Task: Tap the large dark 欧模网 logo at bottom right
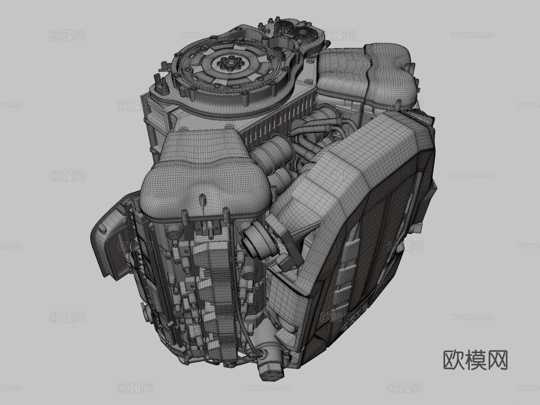click(475, 360)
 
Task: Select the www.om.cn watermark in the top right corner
click(472, 35)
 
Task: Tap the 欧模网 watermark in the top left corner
click(67, 35)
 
